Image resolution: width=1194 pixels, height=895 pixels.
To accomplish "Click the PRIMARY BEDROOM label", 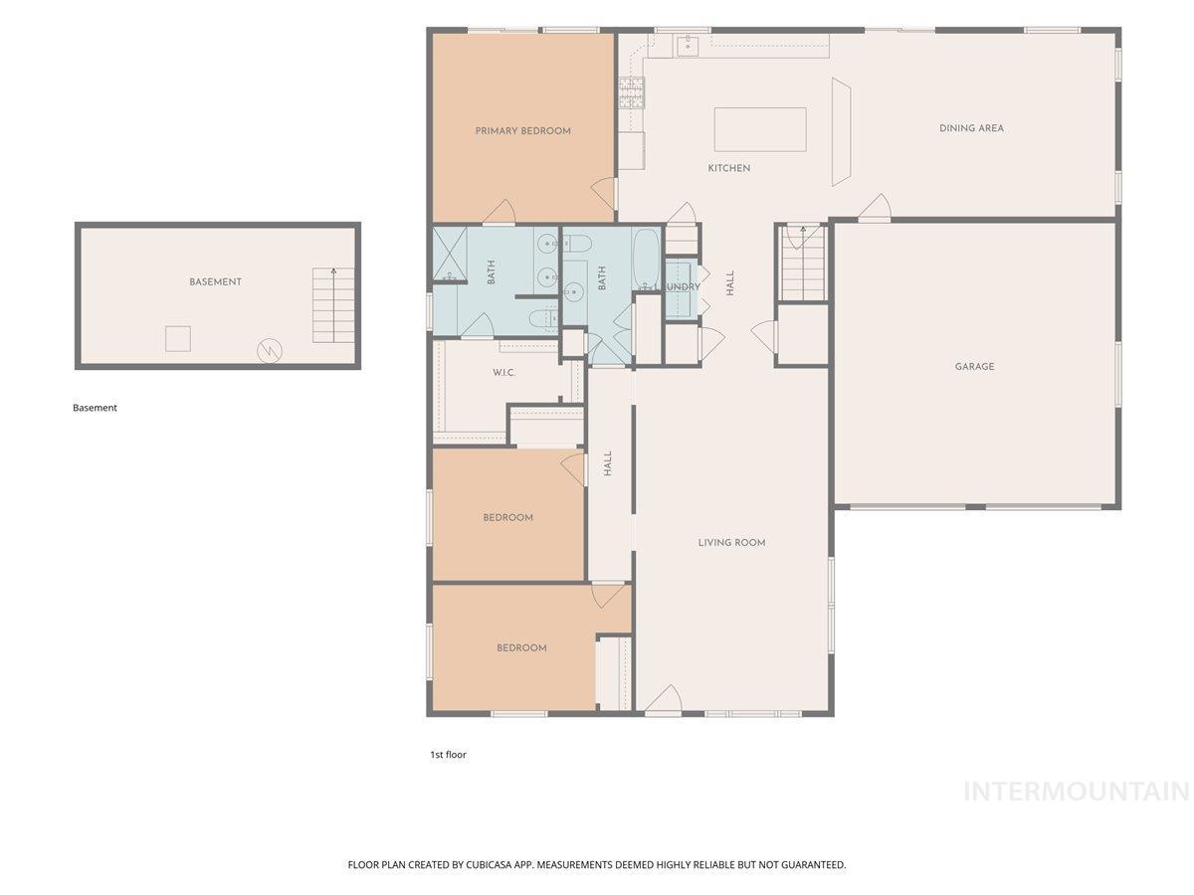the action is click(522, 131).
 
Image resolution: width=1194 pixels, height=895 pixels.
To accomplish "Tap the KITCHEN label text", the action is click(729, 168).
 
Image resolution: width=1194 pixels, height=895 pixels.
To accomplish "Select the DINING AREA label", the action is click(971, 128).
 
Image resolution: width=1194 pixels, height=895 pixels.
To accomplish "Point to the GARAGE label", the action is click(974, 367).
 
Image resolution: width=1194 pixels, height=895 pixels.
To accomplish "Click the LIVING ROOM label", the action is click(731, 542).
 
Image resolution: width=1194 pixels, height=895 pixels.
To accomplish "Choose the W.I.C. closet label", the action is click(503, 373).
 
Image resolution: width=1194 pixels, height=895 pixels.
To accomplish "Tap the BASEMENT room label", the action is click(215, 282).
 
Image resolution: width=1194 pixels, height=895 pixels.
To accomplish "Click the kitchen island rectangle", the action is click(760, 129).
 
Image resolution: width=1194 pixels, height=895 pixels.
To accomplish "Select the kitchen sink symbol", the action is click(689, 46).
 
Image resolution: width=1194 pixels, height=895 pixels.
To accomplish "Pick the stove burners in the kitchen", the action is click(631, 92).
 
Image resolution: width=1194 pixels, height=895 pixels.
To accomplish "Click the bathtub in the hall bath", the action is click(646, 260).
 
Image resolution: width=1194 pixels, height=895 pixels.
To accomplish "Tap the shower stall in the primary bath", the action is click(450, 255).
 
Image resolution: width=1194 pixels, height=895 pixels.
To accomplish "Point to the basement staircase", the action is click(333, 305).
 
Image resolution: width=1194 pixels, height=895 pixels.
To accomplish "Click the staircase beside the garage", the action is click(803, 263).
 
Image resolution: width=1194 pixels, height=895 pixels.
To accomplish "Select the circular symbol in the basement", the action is click(270, 351).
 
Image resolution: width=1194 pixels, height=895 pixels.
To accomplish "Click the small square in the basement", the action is click(178, 338).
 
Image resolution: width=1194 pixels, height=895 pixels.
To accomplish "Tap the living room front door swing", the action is click(664, 698).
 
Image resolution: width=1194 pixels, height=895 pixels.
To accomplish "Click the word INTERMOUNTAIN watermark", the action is click(1077, 792).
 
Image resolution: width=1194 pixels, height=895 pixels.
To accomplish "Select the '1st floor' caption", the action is click(448, 754).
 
